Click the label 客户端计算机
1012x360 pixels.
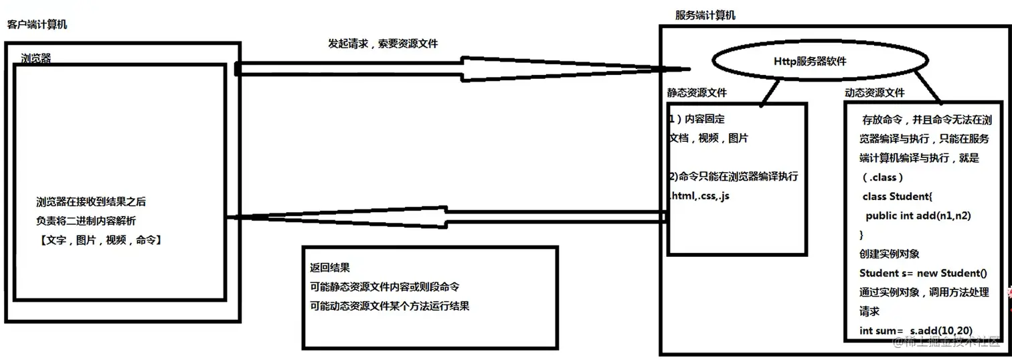[37, 25]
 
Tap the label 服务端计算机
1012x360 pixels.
[705, 15]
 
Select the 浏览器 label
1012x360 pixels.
[36, 58]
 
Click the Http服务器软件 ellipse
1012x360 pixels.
[810, 62]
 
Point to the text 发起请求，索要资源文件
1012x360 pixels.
[383, 43]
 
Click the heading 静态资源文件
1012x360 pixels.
[697, 93]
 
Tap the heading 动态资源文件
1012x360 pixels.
[875, 93]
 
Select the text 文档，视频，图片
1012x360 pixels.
[709, 139]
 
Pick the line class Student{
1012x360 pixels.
[896, 197]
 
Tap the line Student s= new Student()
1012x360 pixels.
[923, 273]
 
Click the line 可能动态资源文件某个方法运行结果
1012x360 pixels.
[389, 306]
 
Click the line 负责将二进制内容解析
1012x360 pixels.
[86, 221]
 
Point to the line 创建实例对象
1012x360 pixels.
[890, 254]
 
